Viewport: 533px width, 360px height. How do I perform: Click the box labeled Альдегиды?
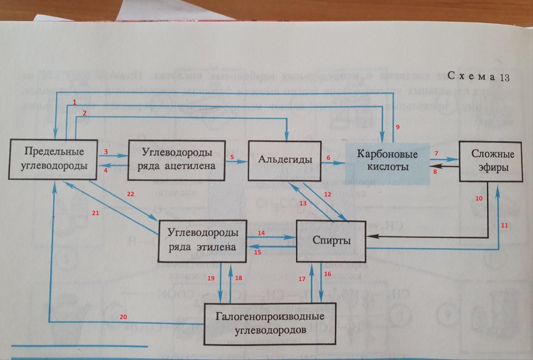click(x=285, y=160)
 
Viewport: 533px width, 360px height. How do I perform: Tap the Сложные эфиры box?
click(x=491, y=161)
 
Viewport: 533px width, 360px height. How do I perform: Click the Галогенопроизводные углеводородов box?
click(x=270, y=323)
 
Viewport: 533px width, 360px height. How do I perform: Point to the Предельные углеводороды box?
click(x=53, y=159)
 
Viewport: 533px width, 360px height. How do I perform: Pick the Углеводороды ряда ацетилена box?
click(x=176, y=160)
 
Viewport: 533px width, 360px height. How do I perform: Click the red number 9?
click(x=397, y=127)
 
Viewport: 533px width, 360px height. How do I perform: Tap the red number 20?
click(x=123, y=317)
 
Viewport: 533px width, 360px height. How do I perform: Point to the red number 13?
click(x=303, y=203)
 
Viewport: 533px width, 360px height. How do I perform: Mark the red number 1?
click(x=75, y=102)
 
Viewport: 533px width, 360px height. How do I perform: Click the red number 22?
click(x=130, y=194)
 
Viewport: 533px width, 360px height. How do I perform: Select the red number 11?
click(x=504, y=225)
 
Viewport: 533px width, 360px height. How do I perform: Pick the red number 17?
click(x=302, y=279)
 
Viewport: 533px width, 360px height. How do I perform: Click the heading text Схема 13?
click(x=478, y=77)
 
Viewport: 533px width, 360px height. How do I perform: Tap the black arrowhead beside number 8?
click(x=435, y=166)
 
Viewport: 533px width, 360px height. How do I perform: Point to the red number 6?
click(x=328, y=158)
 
